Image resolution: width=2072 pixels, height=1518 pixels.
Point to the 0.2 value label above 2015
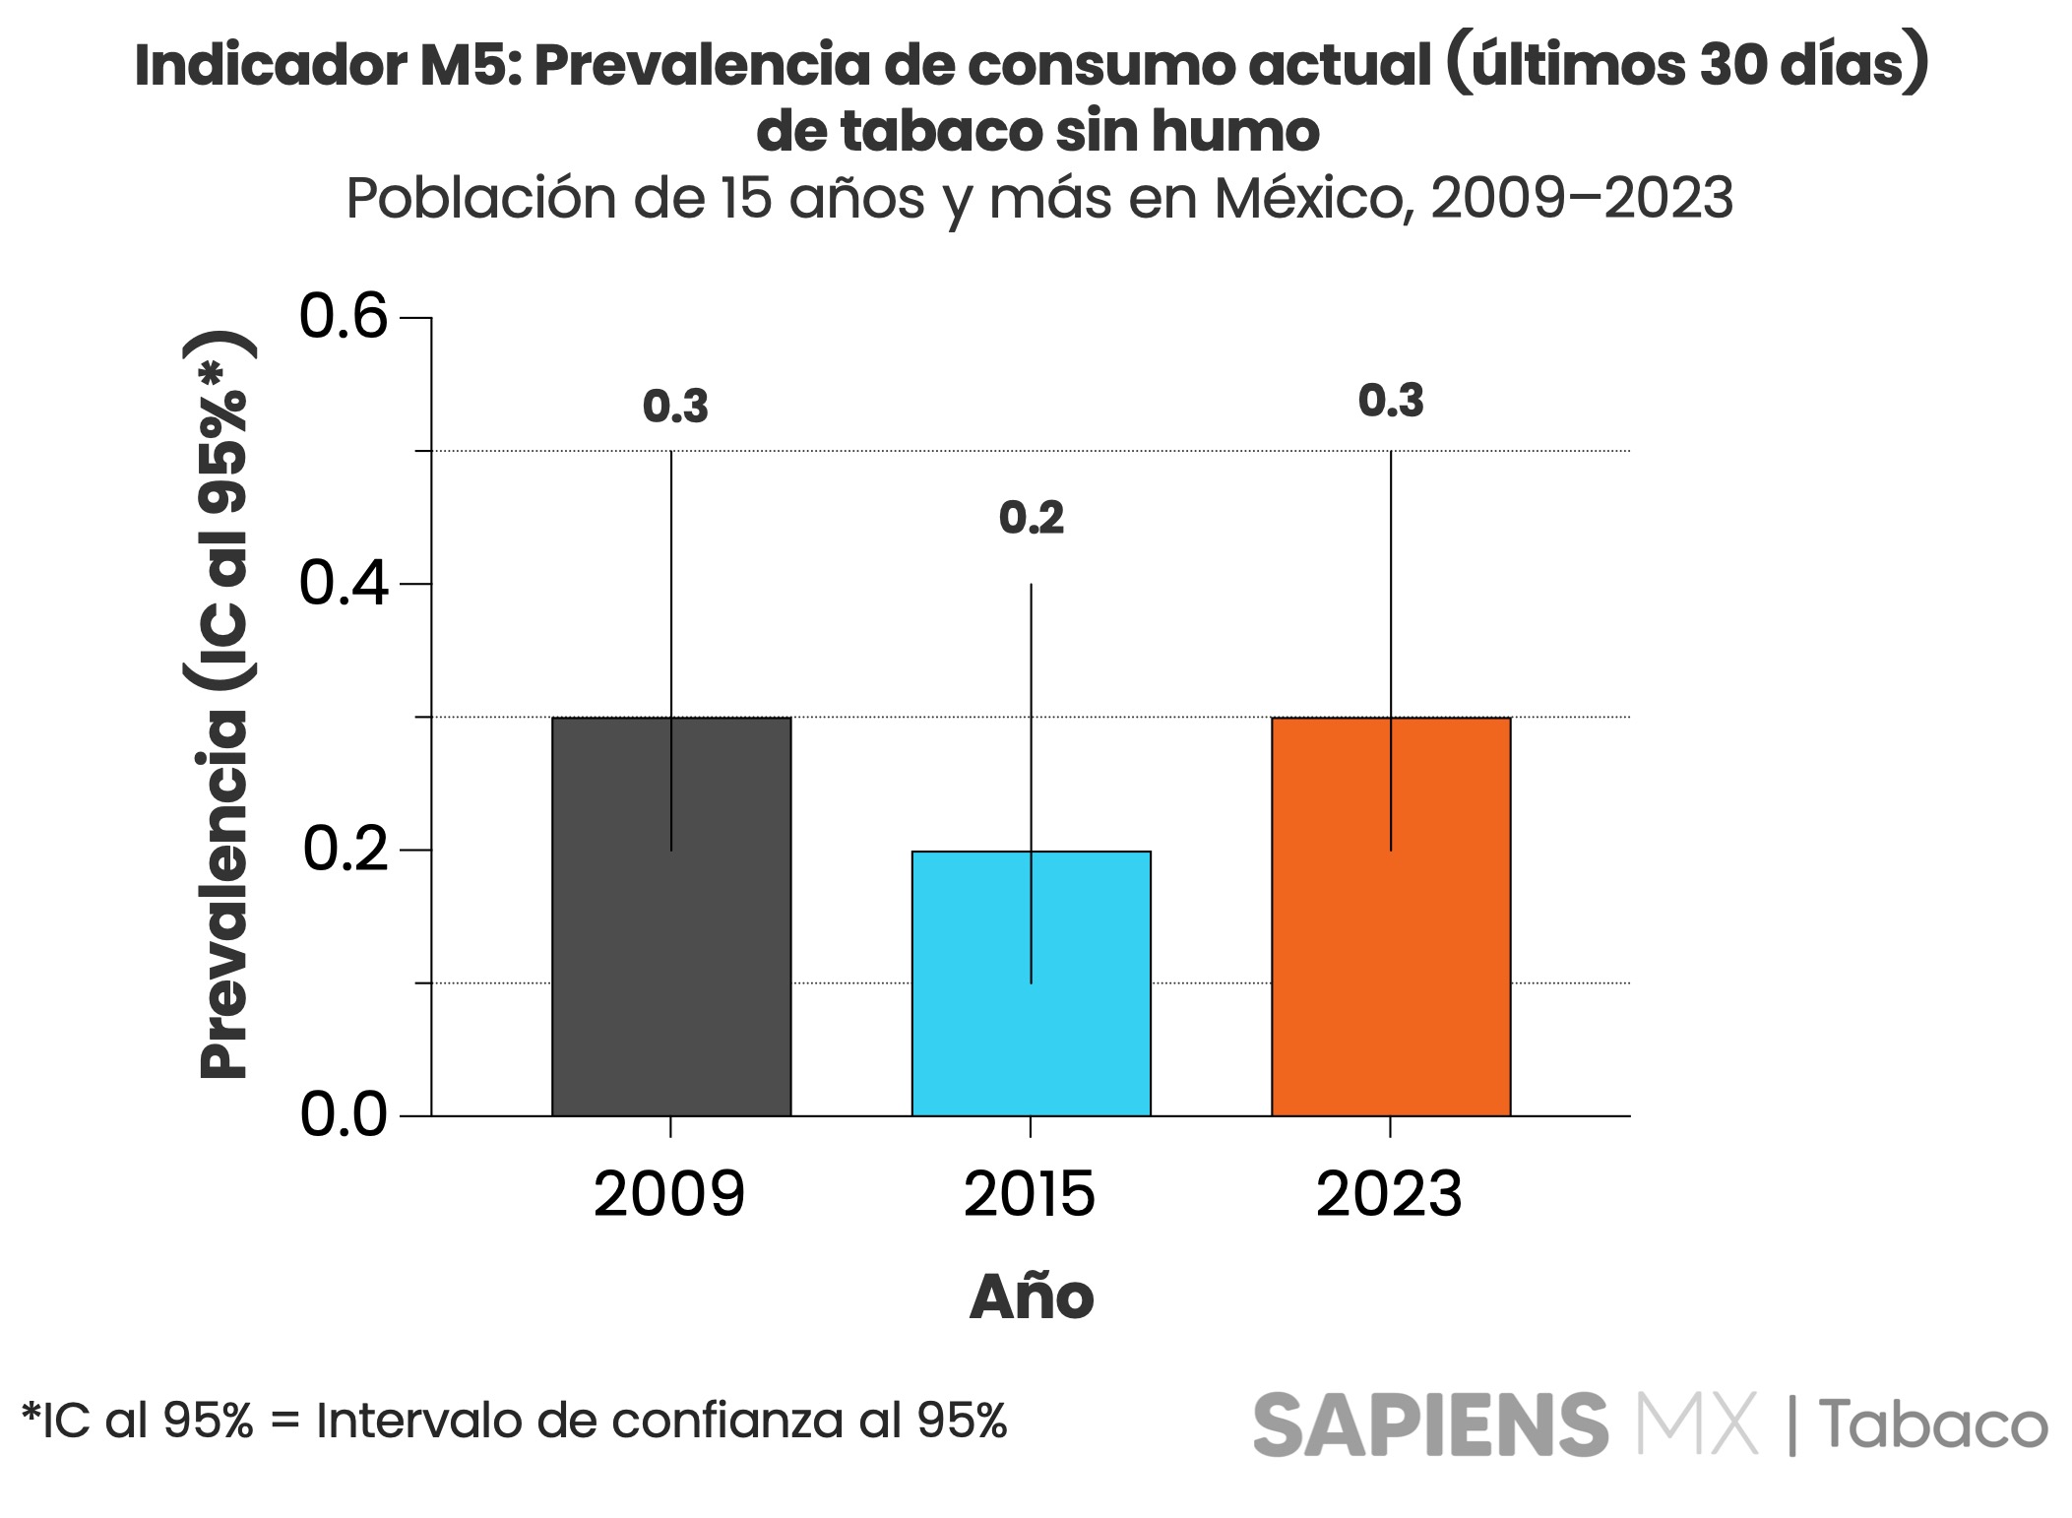pyautogui.click(x=1032, y=519)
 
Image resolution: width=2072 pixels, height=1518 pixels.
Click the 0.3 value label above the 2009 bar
pyautogui.click(x=675, y=407)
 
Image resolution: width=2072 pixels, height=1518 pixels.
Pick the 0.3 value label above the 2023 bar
pyautogui.click(x=1391, y=401)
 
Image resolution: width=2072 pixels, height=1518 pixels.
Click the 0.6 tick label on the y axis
pyautogui.click(x=344, y=318)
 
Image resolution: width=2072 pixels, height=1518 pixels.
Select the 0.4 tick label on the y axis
pyautogui.click(x=344, y=584)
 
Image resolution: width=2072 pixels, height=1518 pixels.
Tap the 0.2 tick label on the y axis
pyautogui.click(x=344, y=850)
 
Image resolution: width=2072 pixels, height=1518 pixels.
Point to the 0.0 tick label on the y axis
pyautogui.click(x=344, y=1115)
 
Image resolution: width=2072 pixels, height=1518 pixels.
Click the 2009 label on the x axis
pyautogui.click(x=669, y=1194)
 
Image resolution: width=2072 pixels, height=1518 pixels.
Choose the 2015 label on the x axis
pyautogui.click(x=1030, y=1194)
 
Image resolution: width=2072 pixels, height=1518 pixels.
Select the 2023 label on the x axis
pyautogui.click(x=1389, y=1194)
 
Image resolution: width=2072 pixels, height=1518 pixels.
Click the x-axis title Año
pyautogui.click(x=1032, y=1297)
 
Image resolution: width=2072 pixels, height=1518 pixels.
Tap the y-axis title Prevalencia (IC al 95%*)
pyautogui.click(x=225, y=704)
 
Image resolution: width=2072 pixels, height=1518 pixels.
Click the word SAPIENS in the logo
pyautogui.click(x=1429, y=1423)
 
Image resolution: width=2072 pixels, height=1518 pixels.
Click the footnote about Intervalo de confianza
pyautogui.click(x=514, y=1421)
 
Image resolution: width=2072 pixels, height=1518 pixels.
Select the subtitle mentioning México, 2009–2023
pyautogui.click(x=1038, y=199)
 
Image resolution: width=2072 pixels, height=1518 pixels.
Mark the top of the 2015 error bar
pyautogui.click(x=1031, y=585)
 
